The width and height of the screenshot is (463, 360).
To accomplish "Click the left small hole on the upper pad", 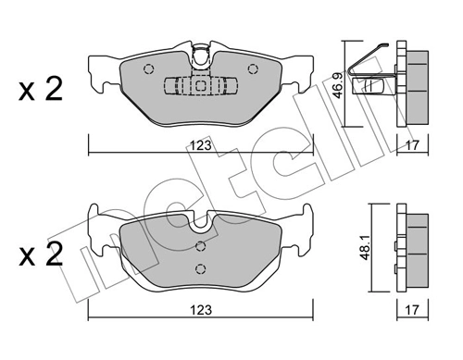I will pyautogui.click(x=147, y=68).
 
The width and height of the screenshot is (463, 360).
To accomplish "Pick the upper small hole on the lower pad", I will pyautogui.click(x=201, y=245).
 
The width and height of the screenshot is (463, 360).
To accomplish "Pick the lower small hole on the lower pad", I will pyautogui.click(x=201, y=268).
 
